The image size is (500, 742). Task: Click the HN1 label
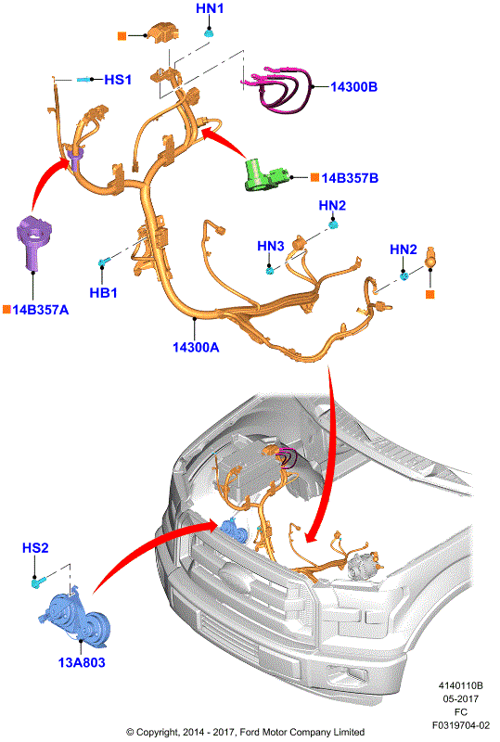tap(210, 8)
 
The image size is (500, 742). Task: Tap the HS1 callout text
tap(118, 80)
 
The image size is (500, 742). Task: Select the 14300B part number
tap(353, 86)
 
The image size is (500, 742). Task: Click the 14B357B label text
tap(350, 178)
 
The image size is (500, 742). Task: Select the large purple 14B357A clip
tap(33, 242)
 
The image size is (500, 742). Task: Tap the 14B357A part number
tap(41, 310)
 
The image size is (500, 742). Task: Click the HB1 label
tap(103, 293)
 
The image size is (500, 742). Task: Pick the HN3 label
tap(270, 246)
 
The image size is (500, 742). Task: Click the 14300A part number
tap(196, 347)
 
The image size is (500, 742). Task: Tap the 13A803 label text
tap(82, 662)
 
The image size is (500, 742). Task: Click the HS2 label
tap(35, 548)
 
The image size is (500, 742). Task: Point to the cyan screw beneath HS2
tap(38, 583)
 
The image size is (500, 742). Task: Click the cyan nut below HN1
tap(209, 32)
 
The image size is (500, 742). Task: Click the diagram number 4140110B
tap(460, 685)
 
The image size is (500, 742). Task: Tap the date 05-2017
tap(461, 699)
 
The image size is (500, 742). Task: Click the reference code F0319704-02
tap(461, 725)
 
